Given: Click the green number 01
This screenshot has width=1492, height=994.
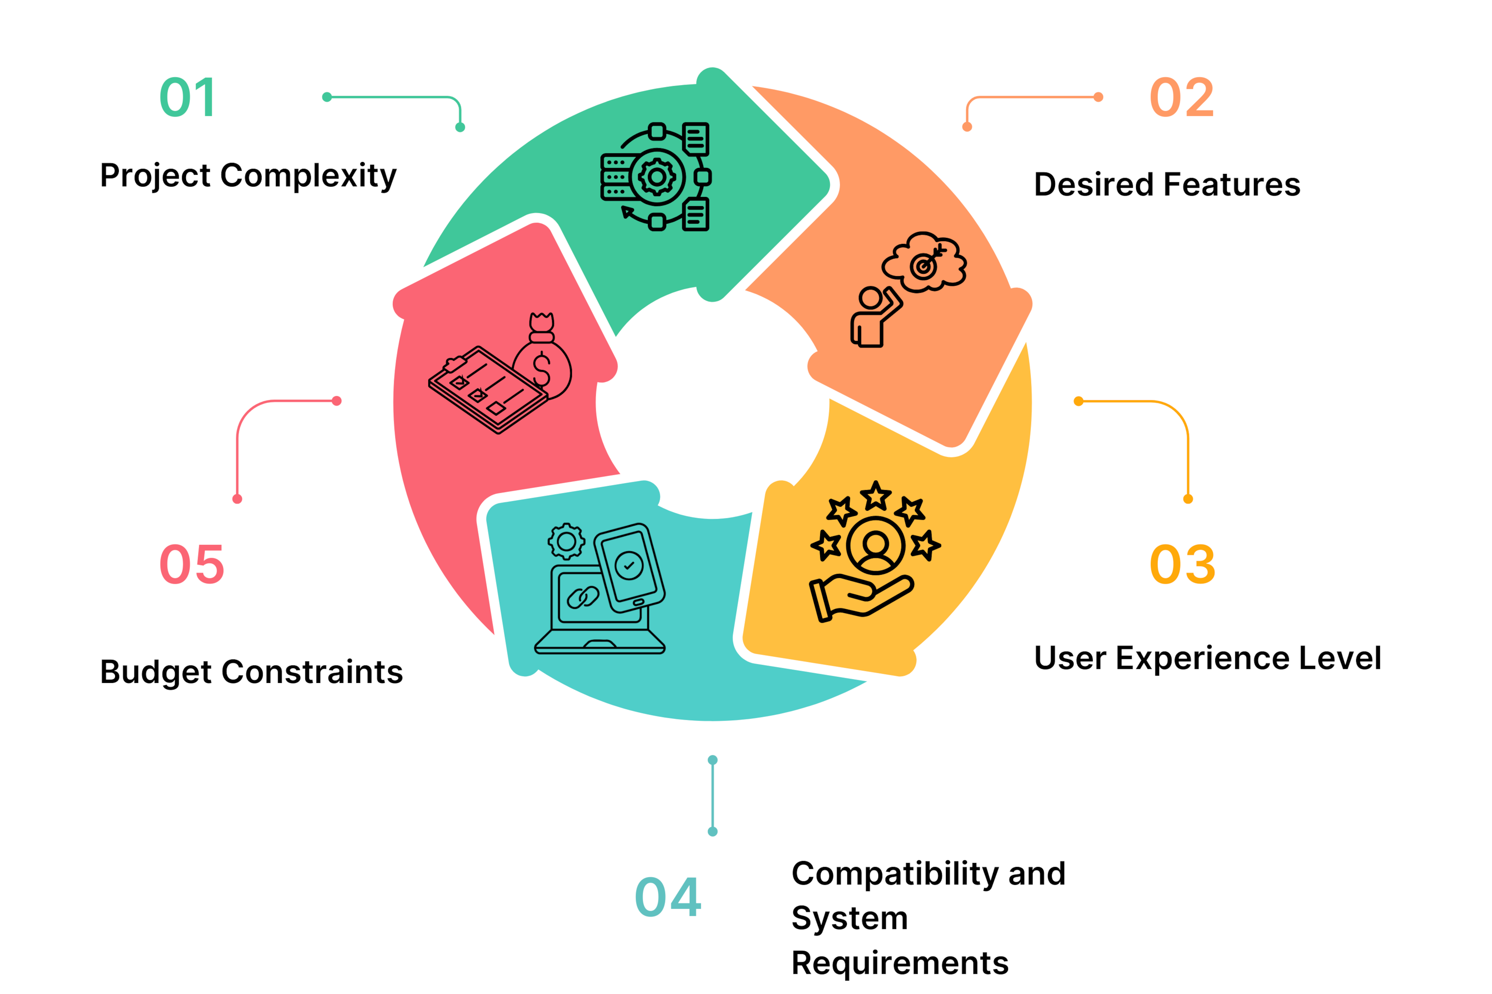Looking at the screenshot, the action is point(188,98).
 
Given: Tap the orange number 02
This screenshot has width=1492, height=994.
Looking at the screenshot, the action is point(1183,98).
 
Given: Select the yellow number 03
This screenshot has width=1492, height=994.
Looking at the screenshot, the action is point(1183,564).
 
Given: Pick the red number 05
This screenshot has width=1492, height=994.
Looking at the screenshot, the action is point(192,564).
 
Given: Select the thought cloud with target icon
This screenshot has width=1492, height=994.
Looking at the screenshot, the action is point(924,262).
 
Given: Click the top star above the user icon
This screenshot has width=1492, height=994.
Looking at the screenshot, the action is point(876,496).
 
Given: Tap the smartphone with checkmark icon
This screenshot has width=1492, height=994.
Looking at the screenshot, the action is point(629,567).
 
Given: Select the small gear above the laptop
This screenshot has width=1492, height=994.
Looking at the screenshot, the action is point(566,541).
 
